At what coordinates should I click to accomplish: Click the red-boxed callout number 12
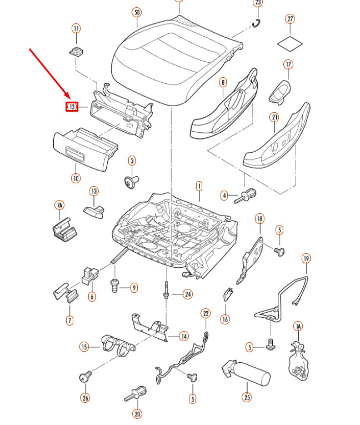[x=72, y=107]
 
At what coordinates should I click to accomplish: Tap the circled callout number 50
[x=137, y=12]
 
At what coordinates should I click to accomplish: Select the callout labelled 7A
[x=59, y=205]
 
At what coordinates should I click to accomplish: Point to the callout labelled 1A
[x=298, y=326]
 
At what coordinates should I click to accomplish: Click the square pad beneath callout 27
[x=290, y=43]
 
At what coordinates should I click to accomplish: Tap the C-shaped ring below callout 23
[x=256, y=23]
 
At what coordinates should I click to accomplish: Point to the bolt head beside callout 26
[x=86, y=377]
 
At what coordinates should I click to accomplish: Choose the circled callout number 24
[x=188, y=294]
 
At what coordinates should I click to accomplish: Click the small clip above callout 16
[x=228, y=294]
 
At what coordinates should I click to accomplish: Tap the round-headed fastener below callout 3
[x=132, y=181]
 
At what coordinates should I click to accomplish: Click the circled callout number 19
[x=306, y=258]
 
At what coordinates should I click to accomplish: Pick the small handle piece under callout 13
[x=94, y=212]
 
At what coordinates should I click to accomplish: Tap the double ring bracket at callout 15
[x=118, y=346]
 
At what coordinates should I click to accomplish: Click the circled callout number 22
[x=206, y=313]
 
